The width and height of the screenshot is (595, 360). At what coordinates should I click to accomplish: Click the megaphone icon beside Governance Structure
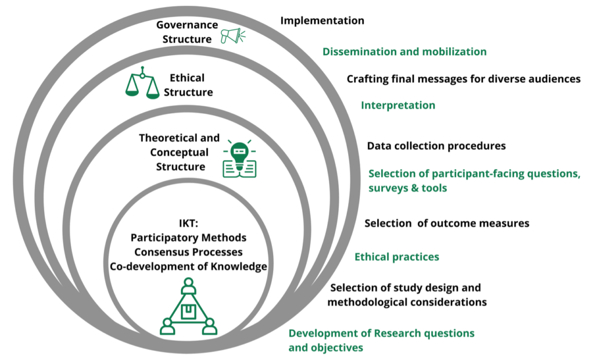(233, 37)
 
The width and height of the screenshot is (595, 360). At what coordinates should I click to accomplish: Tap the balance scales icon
(142, 84)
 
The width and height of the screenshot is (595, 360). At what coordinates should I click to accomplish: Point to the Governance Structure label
(187, 31)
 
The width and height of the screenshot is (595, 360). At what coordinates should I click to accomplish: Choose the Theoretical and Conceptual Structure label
(179, 152)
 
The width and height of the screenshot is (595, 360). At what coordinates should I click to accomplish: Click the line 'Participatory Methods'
(188, 238)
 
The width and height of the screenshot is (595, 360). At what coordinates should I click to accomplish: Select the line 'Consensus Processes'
(188, 253)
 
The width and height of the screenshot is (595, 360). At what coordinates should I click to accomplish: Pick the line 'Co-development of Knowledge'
(188, 267)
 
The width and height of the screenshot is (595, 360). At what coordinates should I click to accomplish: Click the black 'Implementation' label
(322, 21)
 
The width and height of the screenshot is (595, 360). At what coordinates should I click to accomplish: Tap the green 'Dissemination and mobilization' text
(404, 52)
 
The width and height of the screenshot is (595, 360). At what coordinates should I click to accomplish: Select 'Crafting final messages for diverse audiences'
(463, 79)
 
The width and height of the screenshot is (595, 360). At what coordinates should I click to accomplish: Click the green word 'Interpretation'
(398, 105)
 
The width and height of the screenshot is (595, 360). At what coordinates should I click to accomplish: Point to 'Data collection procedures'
(436, 146)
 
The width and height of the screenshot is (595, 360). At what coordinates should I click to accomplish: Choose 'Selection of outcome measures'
(447, 223)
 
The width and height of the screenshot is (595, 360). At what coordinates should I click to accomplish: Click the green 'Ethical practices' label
(397, 257)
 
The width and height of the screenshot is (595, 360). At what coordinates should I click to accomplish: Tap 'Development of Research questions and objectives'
(381, 340)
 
